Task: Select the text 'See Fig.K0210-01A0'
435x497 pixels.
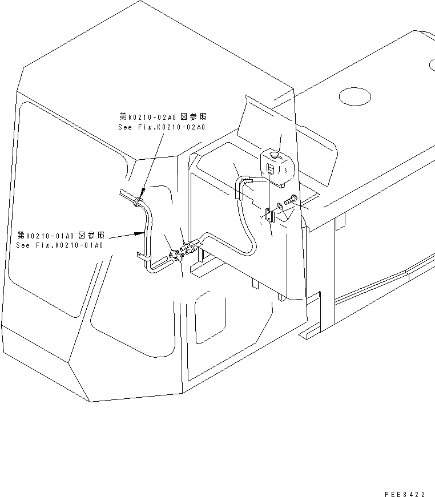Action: [60, 245]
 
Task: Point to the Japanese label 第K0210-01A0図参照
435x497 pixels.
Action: [61, 235]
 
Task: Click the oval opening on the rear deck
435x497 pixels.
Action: [355, 96]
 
